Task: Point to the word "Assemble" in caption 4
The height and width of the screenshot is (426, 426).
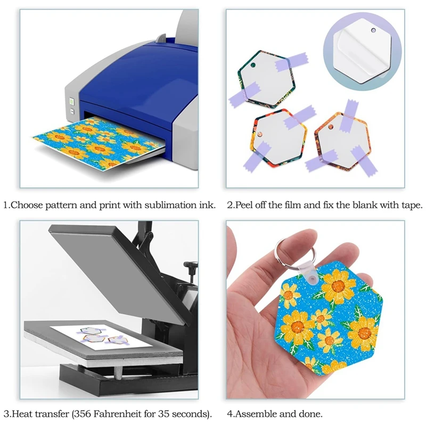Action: click(x=258, y=414)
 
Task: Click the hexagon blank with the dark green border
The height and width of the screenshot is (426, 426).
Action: click(x=264, y=77)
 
